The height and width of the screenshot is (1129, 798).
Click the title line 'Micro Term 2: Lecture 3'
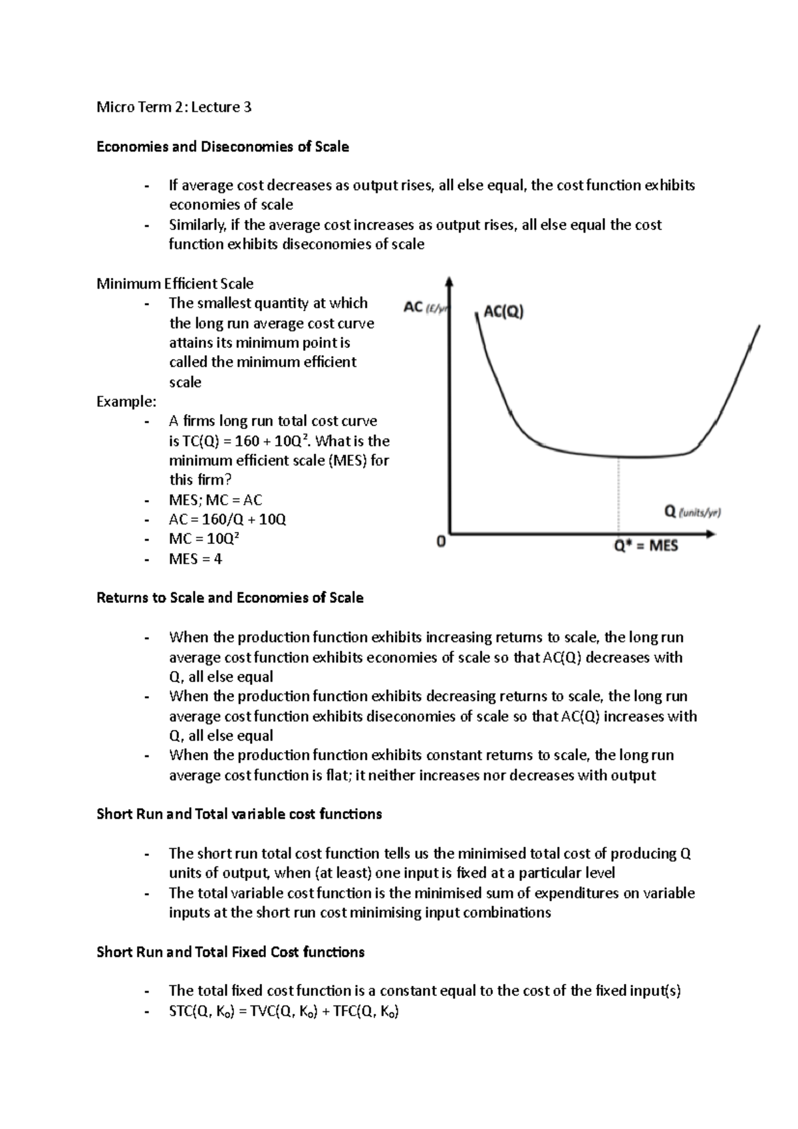click(x=174, y=107)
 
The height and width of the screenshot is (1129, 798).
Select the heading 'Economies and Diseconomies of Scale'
click(x=222, y=146)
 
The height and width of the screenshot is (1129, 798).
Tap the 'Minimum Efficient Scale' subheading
click(x=175, y=284)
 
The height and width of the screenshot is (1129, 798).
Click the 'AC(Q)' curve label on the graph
click(x=503, y=311)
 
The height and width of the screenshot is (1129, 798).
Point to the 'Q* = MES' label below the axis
click(x=645, y=546)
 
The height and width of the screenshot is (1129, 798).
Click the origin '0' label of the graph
click(x=440, y=542)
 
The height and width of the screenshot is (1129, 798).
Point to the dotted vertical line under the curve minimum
click(x=620, y=495)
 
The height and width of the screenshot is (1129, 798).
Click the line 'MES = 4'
click(x=196, y=559)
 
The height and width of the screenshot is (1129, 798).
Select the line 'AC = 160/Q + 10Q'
click(x=227, y=519)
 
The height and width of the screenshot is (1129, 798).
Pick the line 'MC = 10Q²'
click(x=203, y=539)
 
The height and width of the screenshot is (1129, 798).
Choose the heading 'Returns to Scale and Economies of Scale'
click(x=229, y=597)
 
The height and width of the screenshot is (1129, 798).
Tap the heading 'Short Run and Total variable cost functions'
click(x=239, y=814)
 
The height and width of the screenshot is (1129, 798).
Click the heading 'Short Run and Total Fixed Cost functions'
click(x=230, y=952)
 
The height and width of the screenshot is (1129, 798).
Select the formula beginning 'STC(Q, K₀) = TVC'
click(x=284, y=1011)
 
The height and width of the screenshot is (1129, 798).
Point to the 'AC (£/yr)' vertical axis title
click(x=426, y=307)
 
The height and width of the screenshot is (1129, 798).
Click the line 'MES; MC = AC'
click(x=215, y=500)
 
